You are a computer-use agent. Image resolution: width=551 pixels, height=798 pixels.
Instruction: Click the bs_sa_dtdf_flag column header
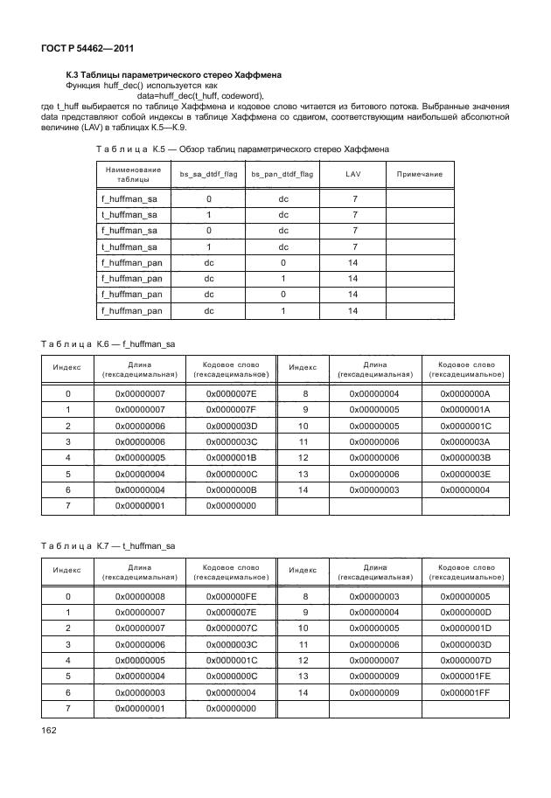[208, 175]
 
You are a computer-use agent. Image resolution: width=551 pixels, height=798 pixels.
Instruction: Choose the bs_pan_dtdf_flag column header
[282, 175]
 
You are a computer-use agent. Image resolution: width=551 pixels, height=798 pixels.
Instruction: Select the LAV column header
[353, 175]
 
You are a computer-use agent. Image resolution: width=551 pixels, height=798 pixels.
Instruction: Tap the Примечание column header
[420, 175]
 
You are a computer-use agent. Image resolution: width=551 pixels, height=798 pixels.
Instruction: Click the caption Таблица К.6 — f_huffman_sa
[108, 344]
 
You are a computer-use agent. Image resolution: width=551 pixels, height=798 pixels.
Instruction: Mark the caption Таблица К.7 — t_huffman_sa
[108, 545]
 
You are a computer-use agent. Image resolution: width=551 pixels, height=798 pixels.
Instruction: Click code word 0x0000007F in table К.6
[231, 410]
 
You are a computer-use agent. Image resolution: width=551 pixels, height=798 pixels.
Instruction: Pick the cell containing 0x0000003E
[464, 473]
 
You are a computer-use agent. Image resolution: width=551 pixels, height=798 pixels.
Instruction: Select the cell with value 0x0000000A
[464, 394]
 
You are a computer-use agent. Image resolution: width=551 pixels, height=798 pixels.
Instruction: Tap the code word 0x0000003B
[464, 457]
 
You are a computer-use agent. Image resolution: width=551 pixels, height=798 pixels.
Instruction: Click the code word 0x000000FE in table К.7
[231, 596]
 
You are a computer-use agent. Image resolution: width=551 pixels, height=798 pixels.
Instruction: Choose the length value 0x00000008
[140, 596]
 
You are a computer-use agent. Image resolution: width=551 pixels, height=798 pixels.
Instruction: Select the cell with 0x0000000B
[231, 489]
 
